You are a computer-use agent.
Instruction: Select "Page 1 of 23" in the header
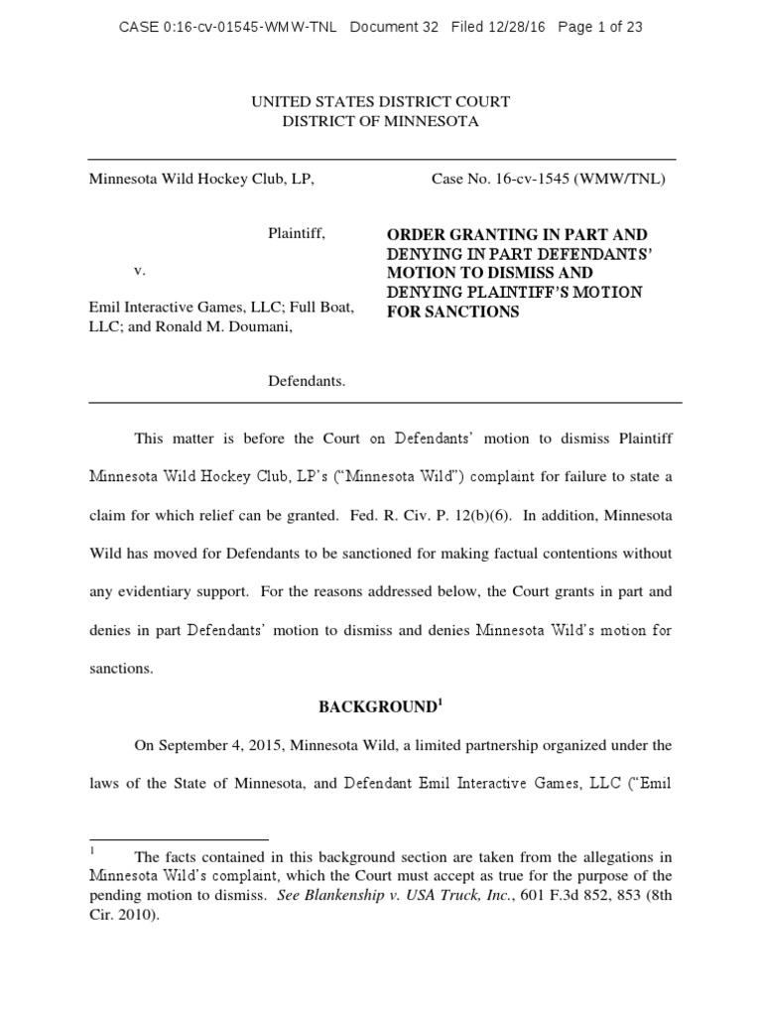[600, 28]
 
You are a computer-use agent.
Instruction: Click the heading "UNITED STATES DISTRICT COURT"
[381, 102]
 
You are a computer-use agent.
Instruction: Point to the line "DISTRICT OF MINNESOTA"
[381, 121]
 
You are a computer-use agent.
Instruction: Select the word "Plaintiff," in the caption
[297, 234]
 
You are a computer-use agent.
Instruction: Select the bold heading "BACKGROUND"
[378, 707]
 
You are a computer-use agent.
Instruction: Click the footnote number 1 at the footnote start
[92, 850]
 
